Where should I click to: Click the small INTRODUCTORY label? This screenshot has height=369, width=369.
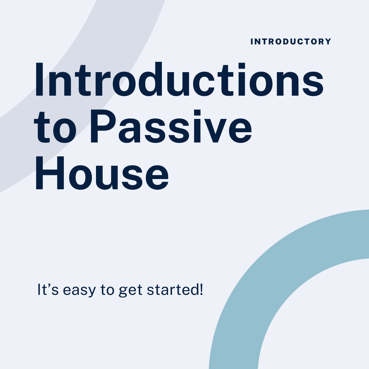click(291, 42)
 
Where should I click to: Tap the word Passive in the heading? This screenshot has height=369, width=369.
click(171, 126)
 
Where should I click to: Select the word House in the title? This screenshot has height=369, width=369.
click(102, 173)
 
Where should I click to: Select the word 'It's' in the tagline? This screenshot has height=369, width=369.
click(48, 290)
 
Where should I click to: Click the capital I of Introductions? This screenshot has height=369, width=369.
click(40, 80)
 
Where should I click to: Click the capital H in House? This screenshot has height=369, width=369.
click(50, 173)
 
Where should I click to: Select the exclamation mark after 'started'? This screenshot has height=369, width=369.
click(201, 290)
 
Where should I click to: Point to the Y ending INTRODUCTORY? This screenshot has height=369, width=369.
click(328, 42)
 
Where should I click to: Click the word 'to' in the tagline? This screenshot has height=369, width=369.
click(107, 290)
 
